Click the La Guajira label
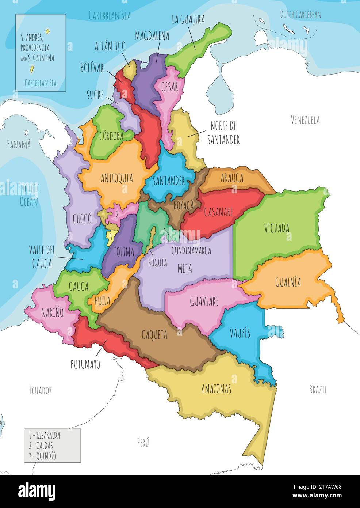[x=188, y=19]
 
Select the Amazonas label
[x=216, y=389]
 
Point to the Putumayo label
[x=85, y=364]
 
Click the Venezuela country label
[x=305, y=120]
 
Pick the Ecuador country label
[x=41, y=390]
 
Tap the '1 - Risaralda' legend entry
[x=45, y=436]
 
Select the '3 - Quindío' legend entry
[x=42, y=456]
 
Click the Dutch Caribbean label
[x=300, y=15]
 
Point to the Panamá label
[x=19, y=144]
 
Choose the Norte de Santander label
[x=223, y=133]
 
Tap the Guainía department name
[x=288, y=282]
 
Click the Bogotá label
[x=157, y=262]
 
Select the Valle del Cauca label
[x=42, y=257]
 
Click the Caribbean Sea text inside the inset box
[x=41, y=83]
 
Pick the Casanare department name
[x=218, y=212]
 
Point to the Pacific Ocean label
[x=29, y=195]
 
